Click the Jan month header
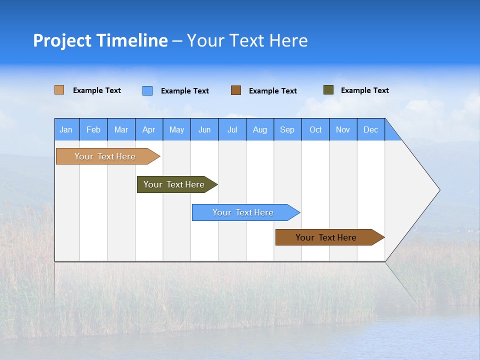pos(66,129)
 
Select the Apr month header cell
pos(148,129)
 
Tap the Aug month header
pos(259,129)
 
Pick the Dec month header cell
pos(370,129)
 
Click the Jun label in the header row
pos(204,129)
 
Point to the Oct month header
pos(315,129)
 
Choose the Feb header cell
pos(93,129)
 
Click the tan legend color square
pos(59,90)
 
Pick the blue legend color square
pos(147,90)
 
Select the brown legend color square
pos(236,90)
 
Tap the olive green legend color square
pos(328,90)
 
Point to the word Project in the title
pos(62,40)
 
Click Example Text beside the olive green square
pos(364,90)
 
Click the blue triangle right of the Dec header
pos(391,133)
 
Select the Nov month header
pos(343,129)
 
